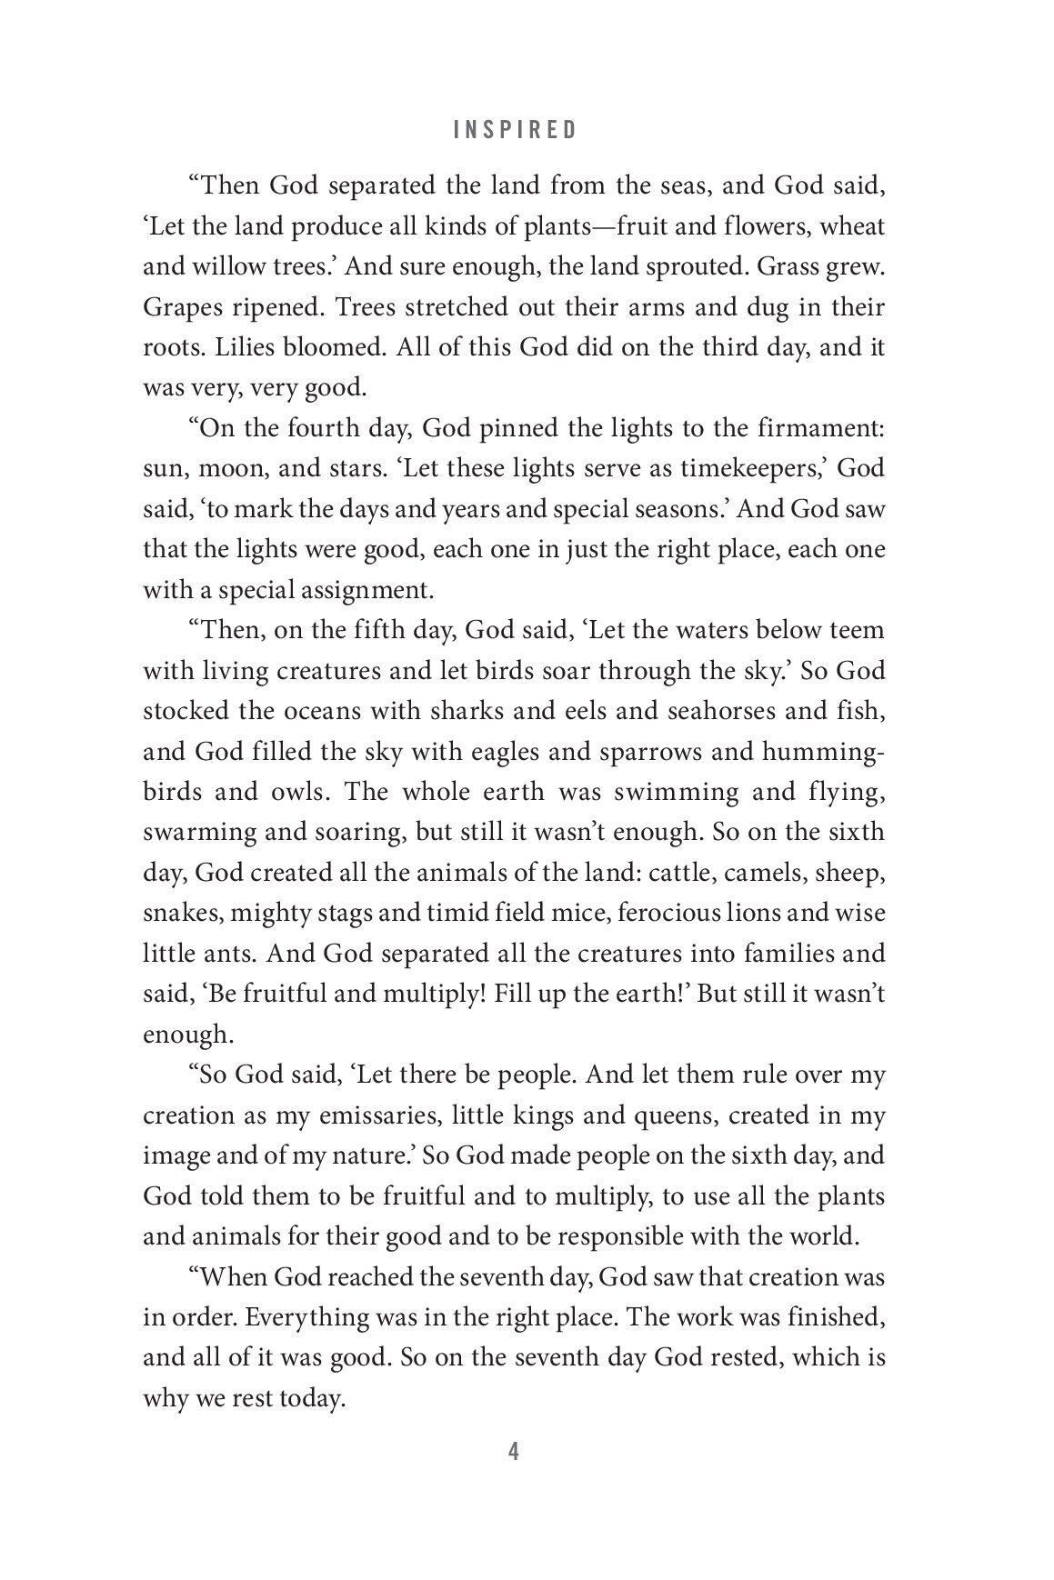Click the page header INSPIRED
click(x=515, y=130)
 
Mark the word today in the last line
click(x=308, y=1398)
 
